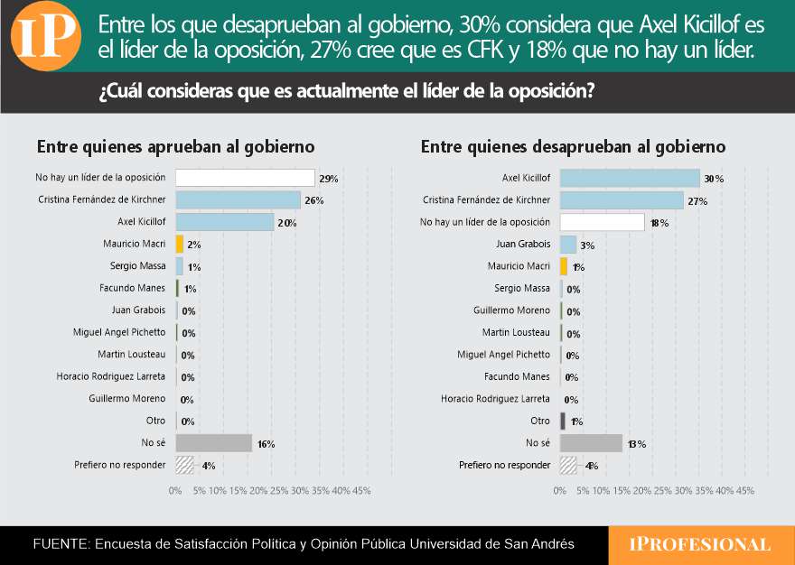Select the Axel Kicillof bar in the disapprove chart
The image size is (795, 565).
coord(630,179)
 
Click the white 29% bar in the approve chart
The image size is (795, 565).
coord(245,178)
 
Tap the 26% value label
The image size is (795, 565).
coord(313,200)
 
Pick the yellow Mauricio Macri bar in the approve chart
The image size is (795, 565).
coord(180,244)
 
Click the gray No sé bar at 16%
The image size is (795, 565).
coord(213,443)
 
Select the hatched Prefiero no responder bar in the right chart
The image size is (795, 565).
coord(568,465)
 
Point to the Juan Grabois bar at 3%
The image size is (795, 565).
coord(568,244)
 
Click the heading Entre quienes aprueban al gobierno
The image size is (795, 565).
coord(175,146)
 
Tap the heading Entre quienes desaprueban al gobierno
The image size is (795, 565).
coord(573,146)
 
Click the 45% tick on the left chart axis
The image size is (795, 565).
coord(361,491)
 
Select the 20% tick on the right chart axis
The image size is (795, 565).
coord(642,491)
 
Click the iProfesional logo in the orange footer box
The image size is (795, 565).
coord(700,544)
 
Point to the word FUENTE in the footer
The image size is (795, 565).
coord(60,544)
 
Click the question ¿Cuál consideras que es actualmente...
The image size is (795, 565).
coord(346,92)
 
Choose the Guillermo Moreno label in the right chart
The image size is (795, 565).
coord(511,310)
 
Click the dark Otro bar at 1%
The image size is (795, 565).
coord(563,421)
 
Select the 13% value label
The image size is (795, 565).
coord(637,444)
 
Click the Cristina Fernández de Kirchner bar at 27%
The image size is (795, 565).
coord(622,200)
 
